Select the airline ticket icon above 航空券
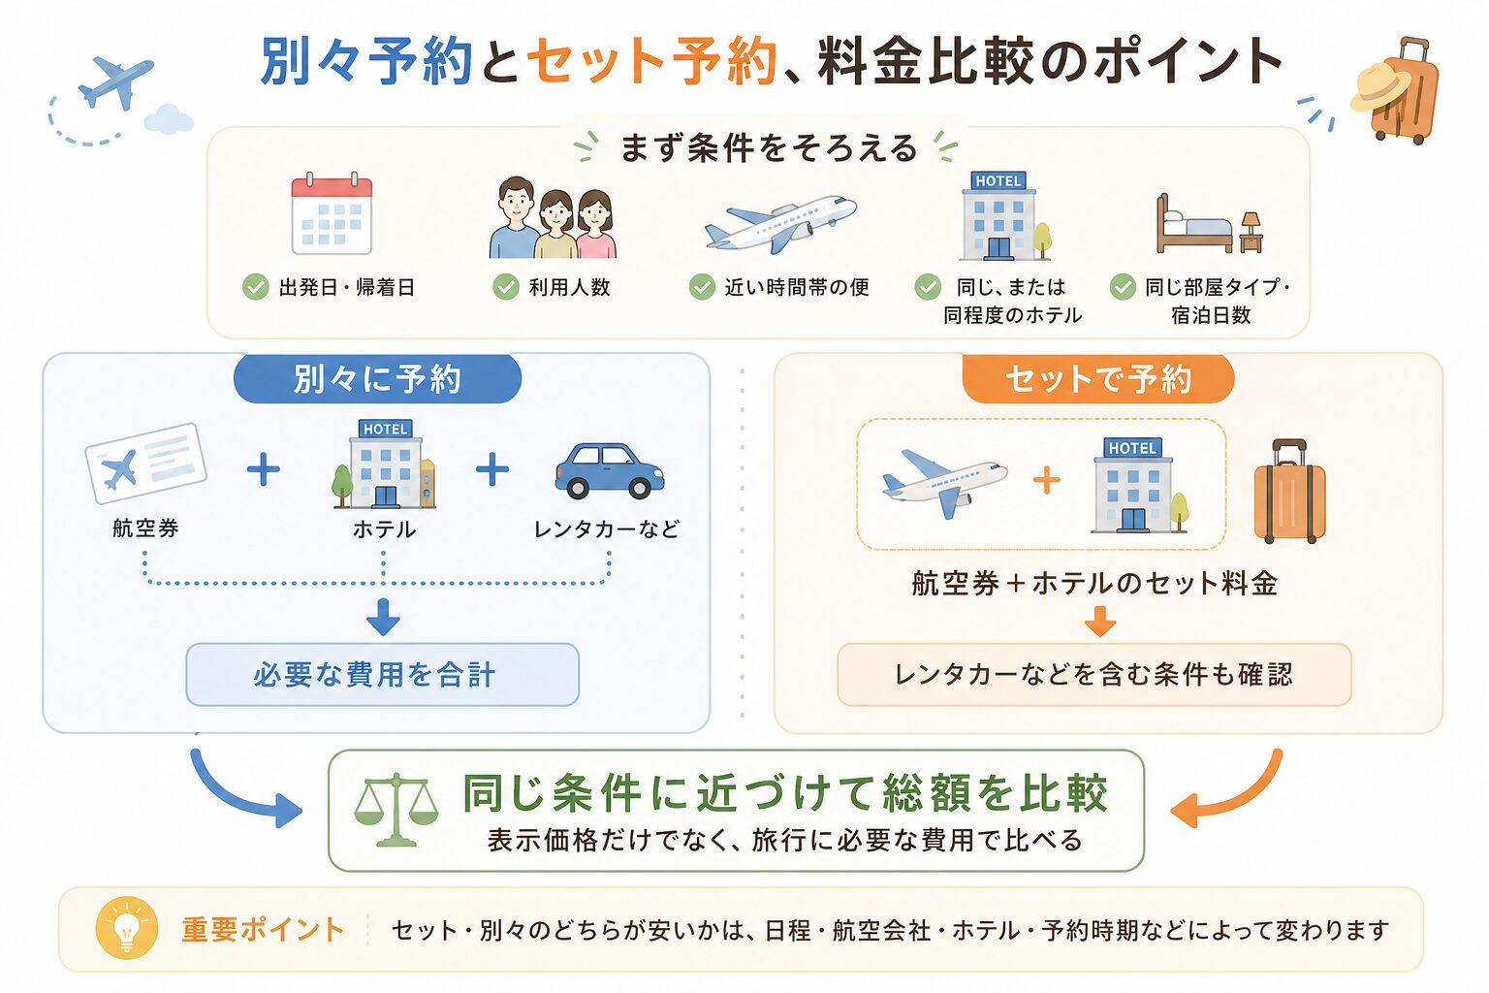(145, 463)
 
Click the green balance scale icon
(396, 810)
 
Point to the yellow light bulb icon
(127, 928)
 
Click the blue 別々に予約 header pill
(377, 379)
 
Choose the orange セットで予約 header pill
(1098, 379)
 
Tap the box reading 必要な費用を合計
(382, 674)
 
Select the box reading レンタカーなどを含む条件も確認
(1094, 674)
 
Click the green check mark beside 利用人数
(506, 287)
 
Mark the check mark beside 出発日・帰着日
(255, 287)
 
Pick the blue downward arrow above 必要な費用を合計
(384, 617)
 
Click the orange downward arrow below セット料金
(1100, 622)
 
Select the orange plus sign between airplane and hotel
(1046, 480)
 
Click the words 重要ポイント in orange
(263, 930)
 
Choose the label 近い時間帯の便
(796, 287)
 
